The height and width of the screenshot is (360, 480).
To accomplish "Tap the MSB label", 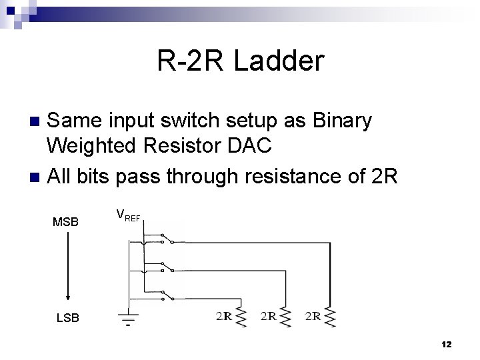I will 65,222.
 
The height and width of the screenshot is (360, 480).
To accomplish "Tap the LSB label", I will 67,318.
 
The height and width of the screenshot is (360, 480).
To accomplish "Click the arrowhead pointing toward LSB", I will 67,297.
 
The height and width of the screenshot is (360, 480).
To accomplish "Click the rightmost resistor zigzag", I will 328,317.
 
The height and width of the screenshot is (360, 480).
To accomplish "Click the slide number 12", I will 446,344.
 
